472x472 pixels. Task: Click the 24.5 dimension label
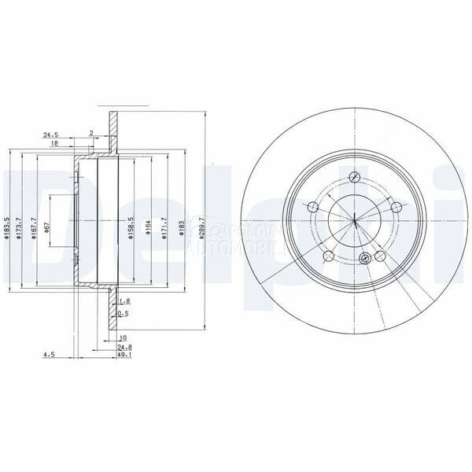pyautogui.click(x=53, y=135)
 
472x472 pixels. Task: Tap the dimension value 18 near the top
pyautogui.click(x=53, y=144)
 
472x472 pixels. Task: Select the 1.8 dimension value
pyautogui.click(x=125, y=301)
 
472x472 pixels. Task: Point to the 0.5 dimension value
pyautogui.click(x=122, y=313)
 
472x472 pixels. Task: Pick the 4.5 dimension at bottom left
pyautogui.click(x=48, y=353)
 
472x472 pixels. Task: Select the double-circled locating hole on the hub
pyautogui.click(x=363, y=260)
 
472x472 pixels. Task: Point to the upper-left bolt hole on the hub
pyautogui.click(x=313, y=208)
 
